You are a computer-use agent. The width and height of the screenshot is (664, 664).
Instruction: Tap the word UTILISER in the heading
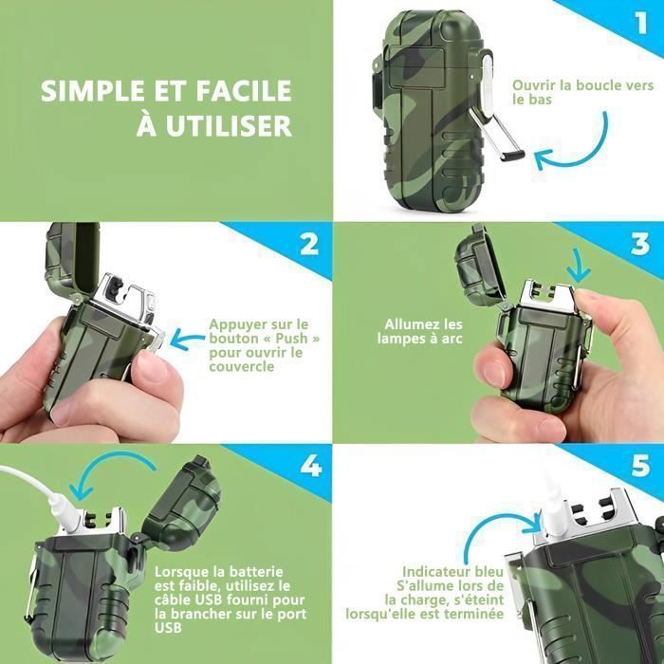229,125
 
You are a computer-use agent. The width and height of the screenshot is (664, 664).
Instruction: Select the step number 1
641,23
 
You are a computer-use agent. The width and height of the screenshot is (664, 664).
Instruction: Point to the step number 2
309,244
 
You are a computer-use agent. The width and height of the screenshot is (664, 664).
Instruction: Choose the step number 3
640,245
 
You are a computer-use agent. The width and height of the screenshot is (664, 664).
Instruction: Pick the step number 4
311,466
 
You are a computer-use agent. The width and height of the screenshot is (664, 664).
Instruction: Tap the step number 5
640,466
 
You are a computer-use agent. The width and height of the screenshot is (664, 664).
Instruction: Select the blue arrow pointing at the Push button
187,340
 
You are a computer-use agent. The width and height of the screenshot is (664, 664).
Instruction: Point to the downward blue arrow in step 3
580,266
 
